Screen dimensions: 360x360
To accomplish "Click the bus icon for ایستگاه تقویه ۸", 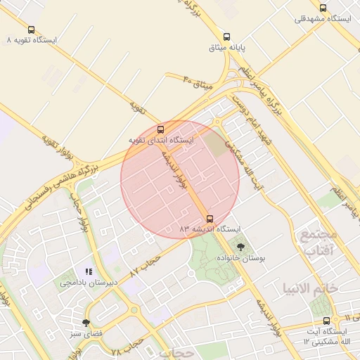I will click(31, 30).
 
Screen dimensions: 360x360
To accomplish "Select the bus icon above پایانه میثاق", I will click(226, 37).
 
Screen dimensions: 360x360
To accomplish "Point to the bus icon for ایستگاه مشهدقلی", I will click(323, 8).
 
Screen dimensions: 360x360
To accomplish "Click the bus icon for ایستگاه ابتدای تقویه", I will click(161, 129).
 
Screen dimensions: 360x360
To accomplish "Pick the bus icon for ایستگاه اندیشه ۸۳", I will click(210, 219).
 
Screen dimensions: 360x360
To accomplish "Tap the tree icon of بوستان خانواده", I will click(241, 247).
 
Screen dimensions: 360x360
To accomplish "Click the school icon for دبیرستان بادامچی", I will click(89, 271).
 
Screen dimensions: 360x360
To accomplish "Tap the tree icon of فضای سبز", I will click(86, 323).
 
